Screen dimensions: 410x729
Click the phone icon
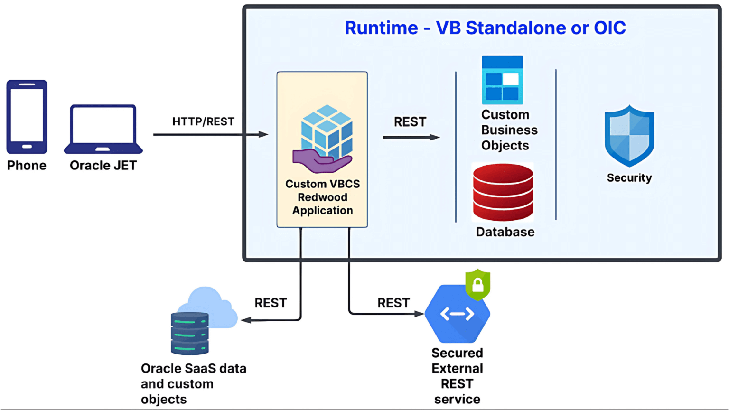[x=27, y=117]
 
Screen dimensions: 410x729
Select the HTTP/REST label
[x=203, y=121]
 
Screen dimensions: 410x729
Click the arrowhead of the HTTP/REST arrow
[x=263, y=135]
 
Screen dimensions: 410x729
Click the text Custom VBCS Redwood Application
[x=322, y=197]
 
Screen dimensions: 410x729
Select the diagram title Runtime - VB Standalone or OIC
[x=485, y=28]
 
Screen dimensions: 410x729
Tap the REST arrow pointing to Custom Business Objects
[x=411, y=137]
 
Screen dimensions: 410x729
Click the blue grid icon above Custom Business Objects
[x=502, y=80]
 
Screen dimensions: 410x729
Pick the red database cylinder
[x=503, y=192]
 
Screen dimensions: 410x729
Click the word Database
[x=505, y=232]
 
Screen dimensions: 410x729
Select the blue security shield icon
[x=629, y=136]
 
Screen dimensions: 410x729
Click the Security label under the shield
[x=629, y=178]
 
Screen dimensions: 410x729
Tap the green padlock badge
[x=477, y=284]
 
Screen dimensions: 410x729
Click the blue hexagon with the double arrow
[x=457, y=315]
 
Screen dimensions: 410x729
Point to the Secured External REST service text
[x=457, y=376]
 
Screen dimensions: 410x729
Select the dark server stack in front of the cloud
[x=189, y=334]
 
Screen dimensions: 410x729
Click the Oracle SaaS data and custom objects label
[x=193, y=384]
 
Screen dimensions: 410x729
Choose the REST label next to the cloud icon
[x=271, y=303]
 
